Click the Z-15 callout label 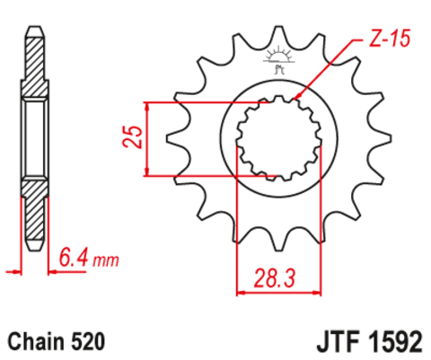390,39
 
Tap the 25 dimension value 132,136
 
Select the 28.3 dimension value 275,278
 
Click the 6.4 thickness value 74,258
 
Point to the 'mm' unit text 106,260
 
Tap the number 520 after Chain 88,341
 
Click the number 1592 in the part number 395,341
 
